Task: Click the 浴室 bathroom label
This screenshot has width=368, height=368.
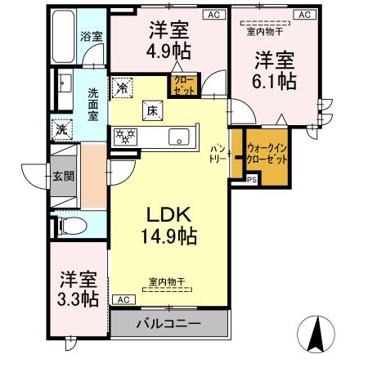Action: [x=91, y=36]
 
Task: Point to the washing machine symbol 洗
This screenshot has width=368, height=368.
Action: [x=62, y=128]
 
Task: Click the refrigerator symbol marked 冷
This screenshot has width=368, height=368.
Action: [x=123, y=86]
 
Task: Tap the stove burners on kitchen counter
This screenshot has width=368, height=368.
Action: [x=127, y=137]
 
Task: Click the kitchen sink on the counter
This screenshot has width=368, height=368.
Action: [x=179, y=138]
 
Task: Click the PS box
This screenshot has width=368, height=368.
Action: [x=251, y=180]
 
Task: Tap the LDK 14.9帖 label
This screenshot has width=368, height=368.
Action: [x=169, y=226]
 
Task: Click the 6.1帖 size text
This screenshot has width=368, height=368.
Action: [x=274, y=81]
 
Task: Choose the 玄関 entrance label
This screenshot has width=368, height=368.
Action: [x=62, y=175]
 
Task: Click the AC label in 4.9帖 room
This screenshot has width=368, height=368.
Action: [x=211, y=14]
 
